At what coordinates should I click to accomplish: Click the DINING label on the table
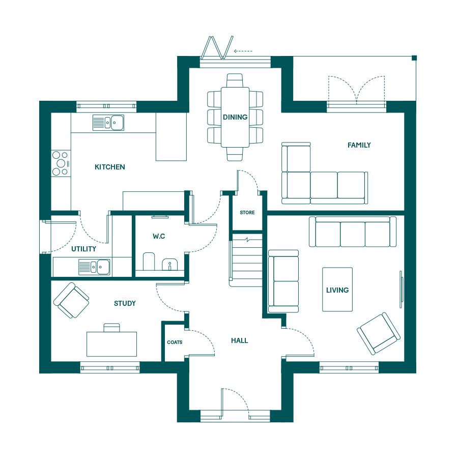(x=235, y=117)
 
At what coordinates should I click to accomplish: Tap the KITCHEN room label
(x=110, y=167)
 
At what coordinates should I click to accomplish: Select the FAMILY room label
(x=359, y=145)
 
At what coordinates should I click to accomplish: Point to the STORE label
(x=247, y=213)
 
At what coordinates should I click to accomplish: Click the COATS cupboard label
(x=175, y=342)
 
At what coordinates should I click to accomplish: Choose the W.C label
(x=159, y=236)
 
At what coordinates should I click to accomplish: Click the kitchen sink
(x=108, y=122)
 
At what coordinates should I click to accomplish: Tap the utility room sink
(x=94, y=267)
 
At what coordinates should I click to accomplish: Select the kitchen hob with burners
(x=61, y=163)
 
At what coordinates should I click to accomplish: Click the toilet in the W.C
(x=149, y=261)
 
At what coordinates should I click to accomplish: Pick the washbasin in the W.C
(x=169, y=264)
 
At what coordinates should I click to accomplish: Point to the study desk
(x=111, y=344)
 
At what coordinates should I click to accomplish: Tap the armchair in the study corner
(x=71, y=300)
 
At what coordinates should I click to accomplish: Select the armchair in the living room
(x=379, y=333)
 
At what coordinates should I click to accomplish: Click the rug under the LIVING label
(x=337, y=290)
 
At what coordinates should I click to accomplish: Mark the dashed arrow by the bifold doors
(x=243, y=51)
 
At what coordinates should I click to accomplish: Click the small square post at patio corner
(x=414, y=58)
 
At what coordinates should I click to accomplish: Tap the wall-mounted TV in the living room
(x=402, y=289)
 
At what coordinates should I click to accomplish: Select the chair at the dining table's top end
(x=235, y=80)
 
